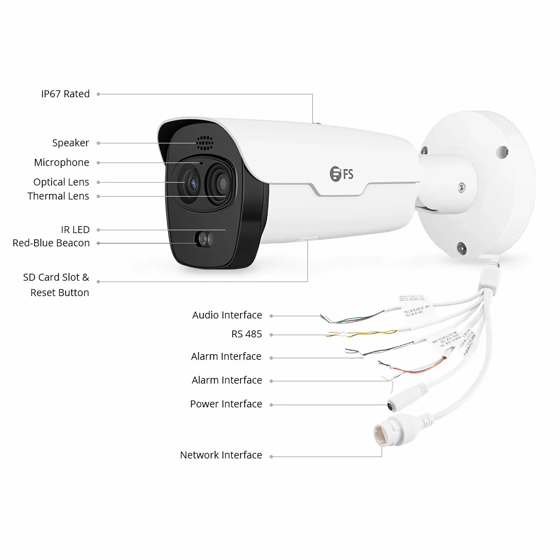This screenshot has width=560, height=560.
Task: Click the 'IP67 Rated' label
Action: click(x=65, y=94)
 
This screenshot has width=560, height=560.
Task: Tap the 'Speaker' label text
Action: click(x=71, y=143)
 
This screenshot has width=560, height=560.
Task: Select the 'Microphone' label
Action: click(x=62, y=162)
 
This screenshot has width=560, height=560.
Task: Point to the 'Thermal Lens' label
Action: click(x=58, y=196)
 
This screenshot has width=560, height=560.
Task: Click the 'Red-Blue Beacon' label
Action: click(x=51, y=243)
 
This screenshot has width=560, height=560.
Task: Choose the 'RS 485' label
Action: click(x=247, y=334)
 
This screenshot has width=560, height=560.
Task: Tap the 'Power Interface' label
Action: click(x=226, y=404)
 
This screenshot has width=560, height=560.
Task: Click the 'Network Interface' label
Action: click(x=221, y=455)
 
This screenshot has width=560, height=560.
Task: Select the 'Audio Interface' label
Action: click(x=227, y=315)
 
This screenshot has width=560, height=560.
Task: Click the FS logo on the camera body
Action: click(x=342, y=174)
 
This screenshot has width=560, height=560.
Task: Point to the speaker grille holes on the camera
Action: click(x=204, y=143)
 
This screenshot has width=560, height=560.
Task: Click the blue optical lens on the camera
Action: click(x=192, y=183)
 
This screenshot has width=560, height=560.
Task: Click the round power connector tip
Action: click(x=391, y=406)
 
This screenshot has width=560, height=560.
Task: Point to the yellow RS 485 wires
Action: click(x=360, y=334)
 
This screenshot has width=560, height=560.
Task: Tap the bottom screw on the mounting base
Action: click(x=462, y=248)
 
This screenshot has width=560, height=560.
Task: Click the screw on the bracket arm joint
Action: click(x=462, y=187)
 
